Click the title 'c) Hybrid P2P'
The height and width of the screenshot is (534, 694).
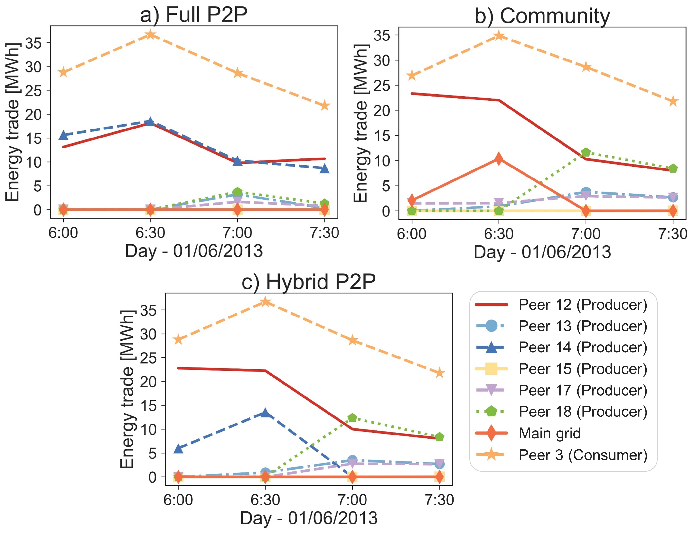308,282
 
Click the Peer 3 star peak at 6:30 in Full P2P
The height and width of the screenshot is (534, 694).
150,34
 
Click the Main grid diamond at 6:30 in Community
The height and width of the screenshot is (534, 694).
499,158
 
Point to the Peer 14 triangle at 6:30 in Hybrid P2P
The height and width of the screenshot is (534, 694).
265,414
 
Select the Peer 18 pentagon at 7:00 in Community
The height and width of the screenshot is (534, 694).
586,152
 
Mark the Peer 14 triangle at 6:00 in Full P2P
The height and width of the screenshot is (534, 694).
64,135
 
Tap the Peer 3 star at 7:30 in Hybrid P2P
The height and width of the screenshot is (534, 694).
439,373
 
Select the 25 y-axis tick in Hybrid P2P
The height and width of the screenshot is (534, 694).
148,358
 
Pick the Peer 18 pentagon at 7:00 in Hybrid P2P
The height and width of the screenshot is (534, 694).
352,418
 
